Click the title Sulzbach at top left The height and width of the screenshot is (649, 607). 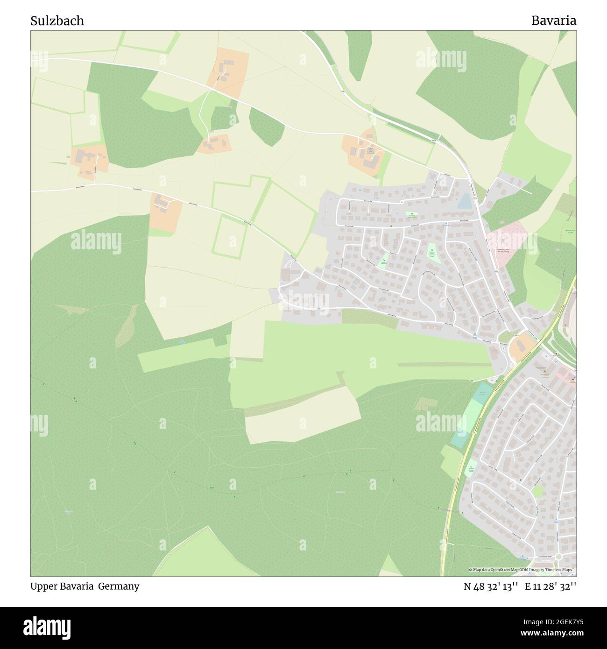[x=57, y=21]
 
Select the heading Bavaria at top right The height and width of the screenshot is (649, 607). [x=553, y=21]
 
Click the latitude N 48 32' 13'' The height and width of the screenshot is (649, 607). [x=491, y=586]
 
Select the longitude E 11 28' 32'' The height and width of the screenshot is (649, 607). [x=551, y=586]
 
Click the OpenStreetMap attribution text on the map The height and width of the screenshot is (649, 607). [x=522, y=570]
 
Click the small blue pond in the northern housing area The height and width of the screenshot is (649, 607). [x=464, y=202]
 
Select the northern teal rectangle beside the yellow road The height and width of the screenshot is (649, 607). [x=484, y=393]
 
